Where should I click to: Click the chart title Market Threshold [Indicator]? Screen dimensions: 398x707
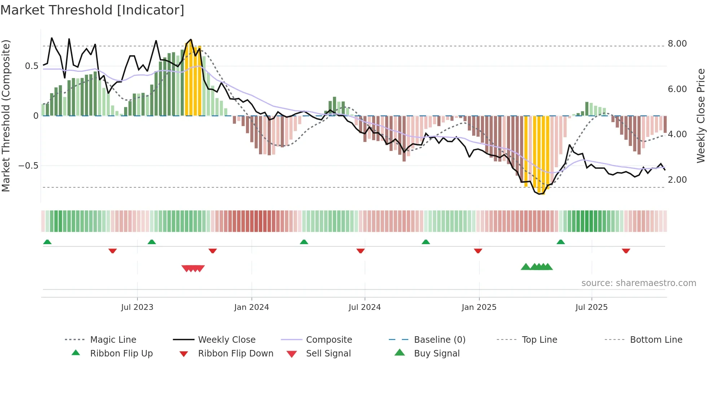coord(92,10)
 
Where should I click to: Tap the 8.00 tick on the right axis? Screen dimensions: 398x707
coord(677,44)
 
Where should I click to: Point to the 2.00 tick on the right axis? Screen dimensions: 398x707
coord(677,180)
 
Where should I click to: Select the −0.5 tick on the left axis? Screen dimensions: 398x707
coord(28,166)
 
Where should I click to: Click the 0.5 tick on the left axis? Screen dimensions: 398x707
coord(31,66)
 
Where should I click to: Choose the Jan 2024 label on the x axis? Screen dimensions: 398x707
coord(251,307)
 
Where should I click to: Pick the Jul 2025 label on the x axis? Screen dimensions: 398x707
coord(591,307)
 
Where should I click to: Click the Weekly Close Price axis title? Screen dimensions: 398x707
coord(701,116)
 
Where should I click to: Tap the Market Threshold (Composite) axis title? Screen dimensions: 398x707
coord(6,116)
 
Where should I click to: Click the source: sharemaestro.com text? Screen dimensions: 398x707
coord(638,283)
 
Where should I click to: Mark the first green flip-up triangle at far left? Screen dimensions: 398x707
coord(47,242)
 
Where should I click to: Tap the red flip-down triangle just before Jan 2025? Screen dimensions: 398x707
coord(478,251)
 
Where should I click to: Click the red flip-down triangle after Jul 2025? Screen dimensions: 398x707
coord(626,251)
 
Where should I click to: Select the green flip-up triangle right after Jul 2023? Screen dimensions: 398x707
coord(151,242)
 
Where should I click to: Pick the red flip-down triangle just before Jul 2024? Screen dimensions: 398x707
coord(360,251)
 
